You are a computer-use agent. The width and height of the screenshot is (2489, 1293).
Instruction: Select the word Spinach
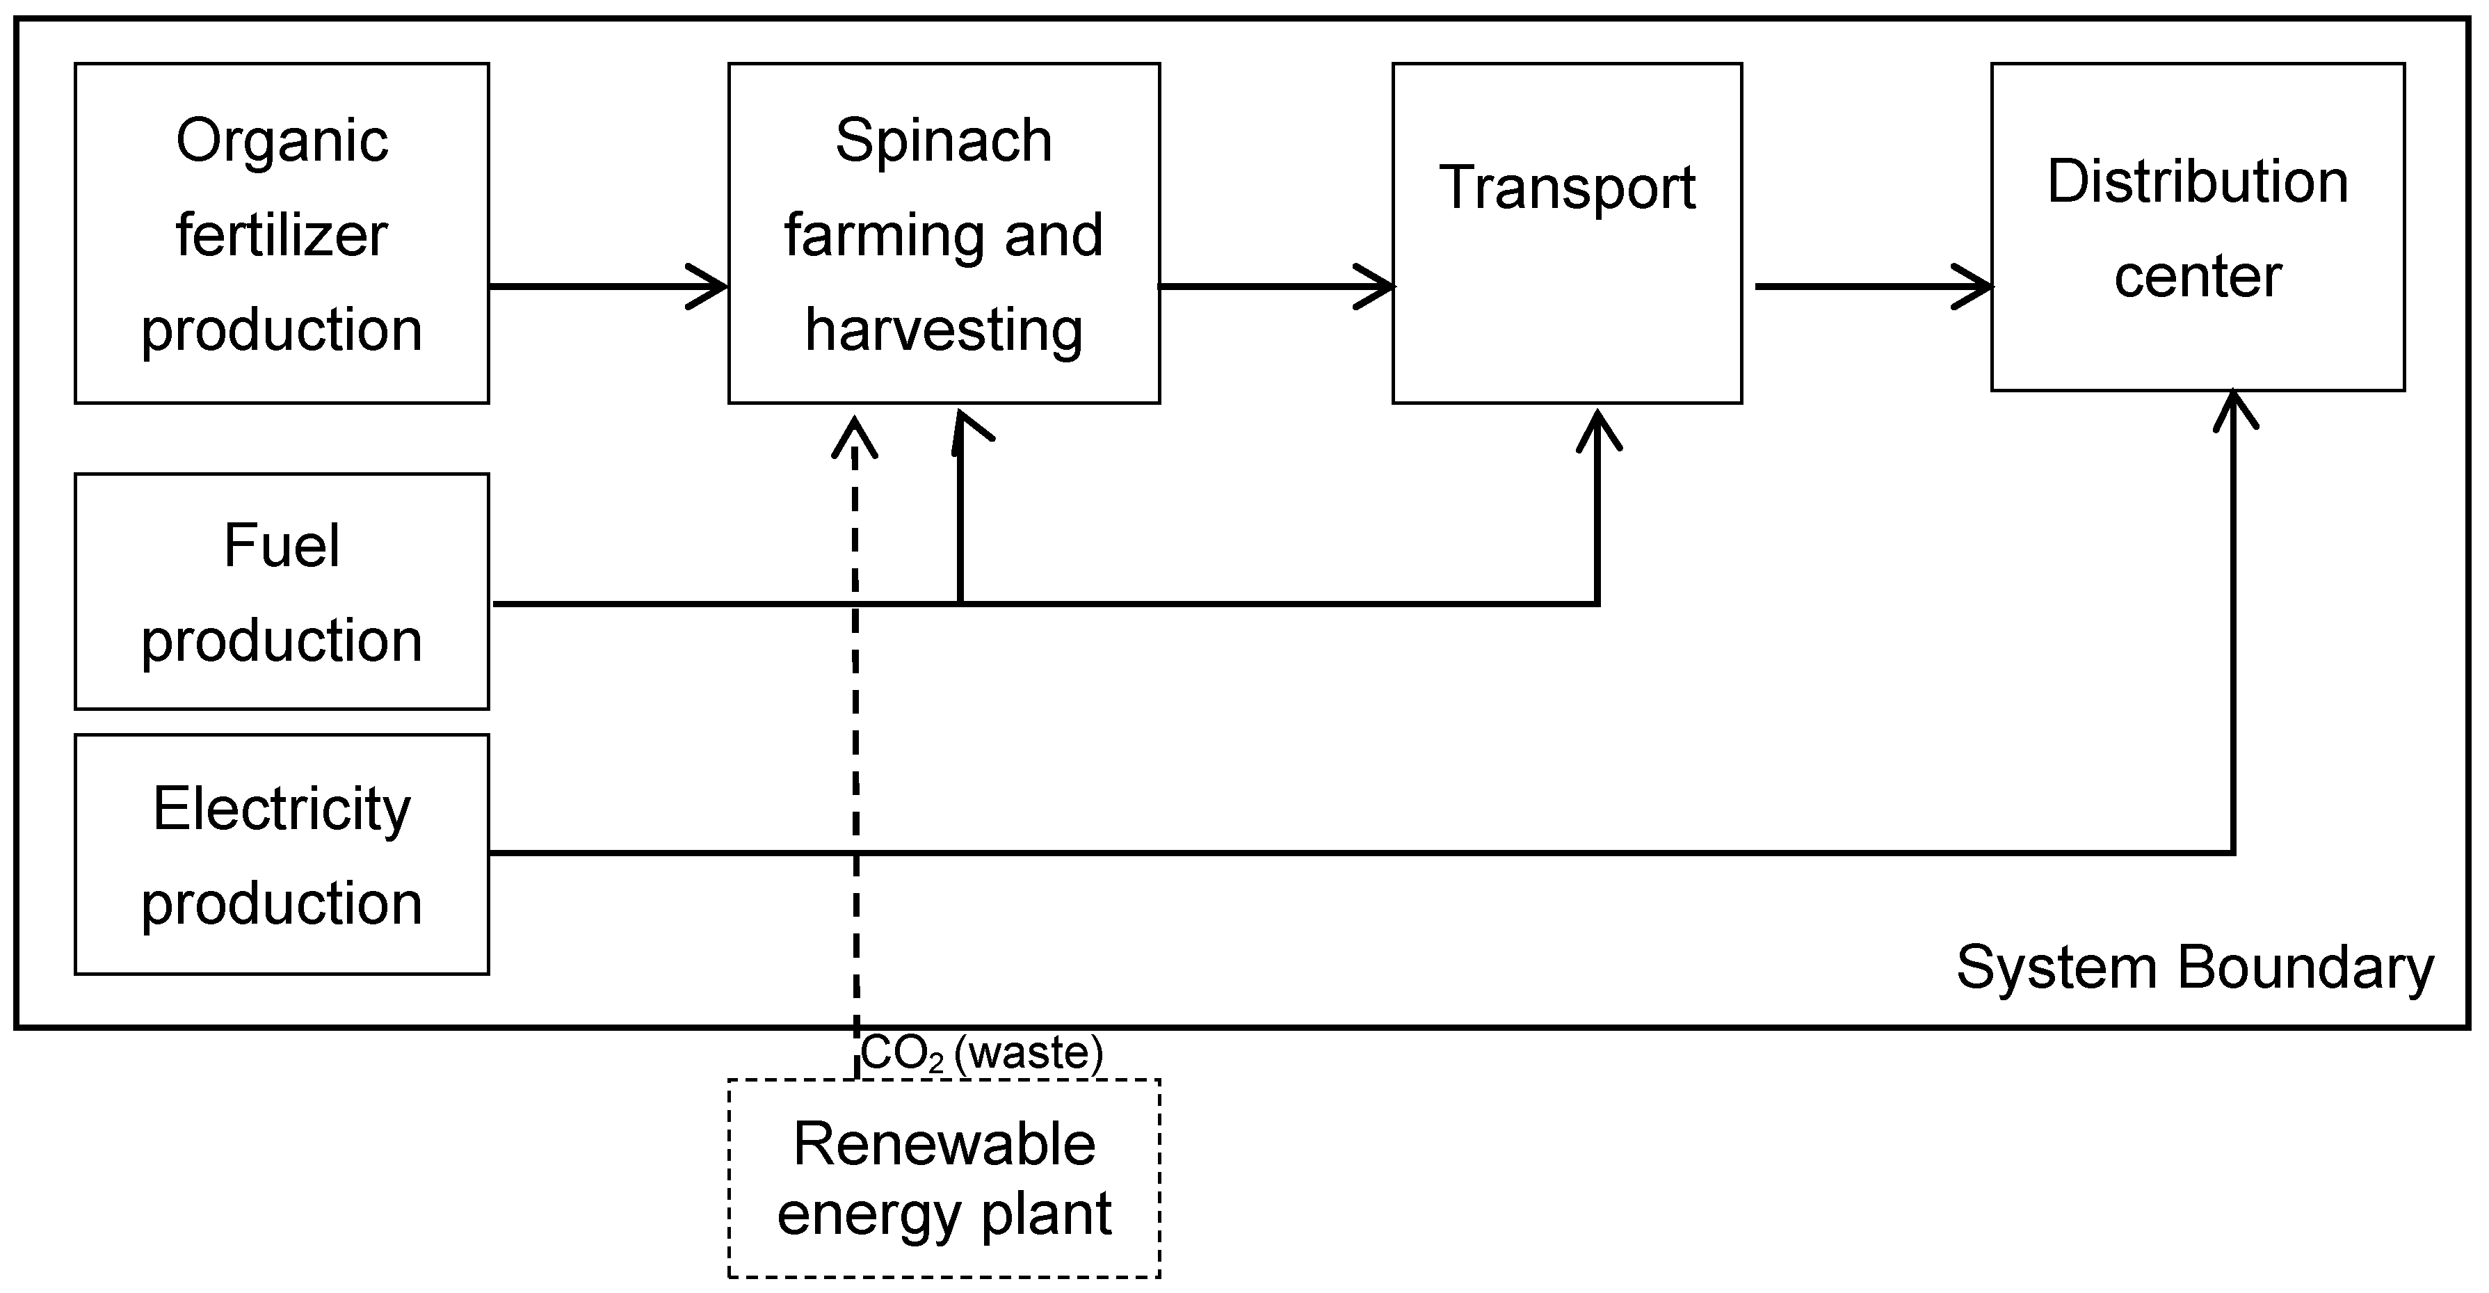(943, 141)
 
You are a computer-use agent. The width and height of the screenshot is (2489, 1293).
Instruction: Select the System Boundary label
(2194, 967)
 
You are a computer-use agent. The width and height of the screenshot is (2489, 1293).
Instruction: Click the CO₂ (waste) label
(981, 1053)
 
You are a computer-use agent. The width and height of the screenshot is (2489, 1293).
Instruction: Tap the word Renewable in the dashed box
(944, 1144)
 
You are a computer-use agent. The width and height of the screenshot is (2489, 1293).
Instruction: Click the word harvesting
(943, 330)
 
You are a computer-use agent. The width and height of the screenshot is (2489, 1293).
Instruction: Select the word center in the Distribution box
(2197, 278)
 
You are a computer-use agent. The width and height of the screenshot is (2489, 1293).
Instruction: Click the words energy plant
(944, 1214)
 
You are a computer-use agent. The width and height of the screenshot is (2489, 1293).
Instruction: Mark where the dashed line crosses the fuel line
(855, 604)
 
